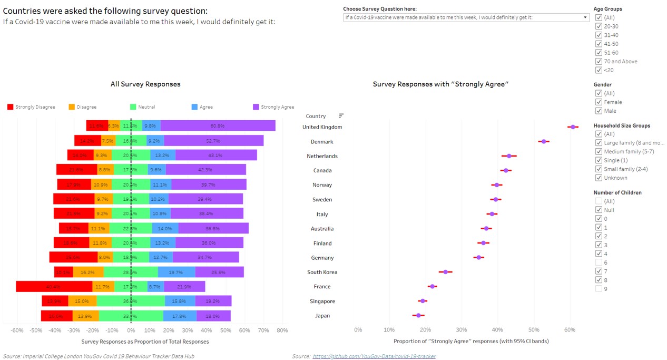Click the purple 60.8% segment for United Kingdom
click(218, 126)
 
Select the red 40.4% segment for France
click(54, 287)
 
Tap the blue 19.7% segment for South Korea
click(176, 273)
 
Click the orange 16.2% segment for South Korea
click(88, 273)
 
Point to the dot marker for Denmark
click(544, 141)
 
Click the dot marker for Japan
click(418, 315)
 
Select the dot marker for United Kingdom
click(573, 127)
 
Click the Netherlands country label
click(322, 156)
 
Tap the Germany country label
click(322, 258)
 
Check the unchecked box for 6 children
click(599, 262)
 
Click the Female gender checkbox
click(599, 102)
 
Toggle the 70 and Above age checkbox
click(599, 62)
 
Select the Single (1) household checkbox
click(599, 160)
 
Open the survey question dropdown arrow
click(585, 17)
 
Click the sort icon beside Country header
click(341, 116)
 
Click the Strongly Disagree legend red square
click(10, 107)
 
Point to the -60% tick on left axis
click(17, 330)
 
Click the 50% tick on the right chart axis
click(534, 330)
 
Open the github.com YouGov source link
click(374, 356)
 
